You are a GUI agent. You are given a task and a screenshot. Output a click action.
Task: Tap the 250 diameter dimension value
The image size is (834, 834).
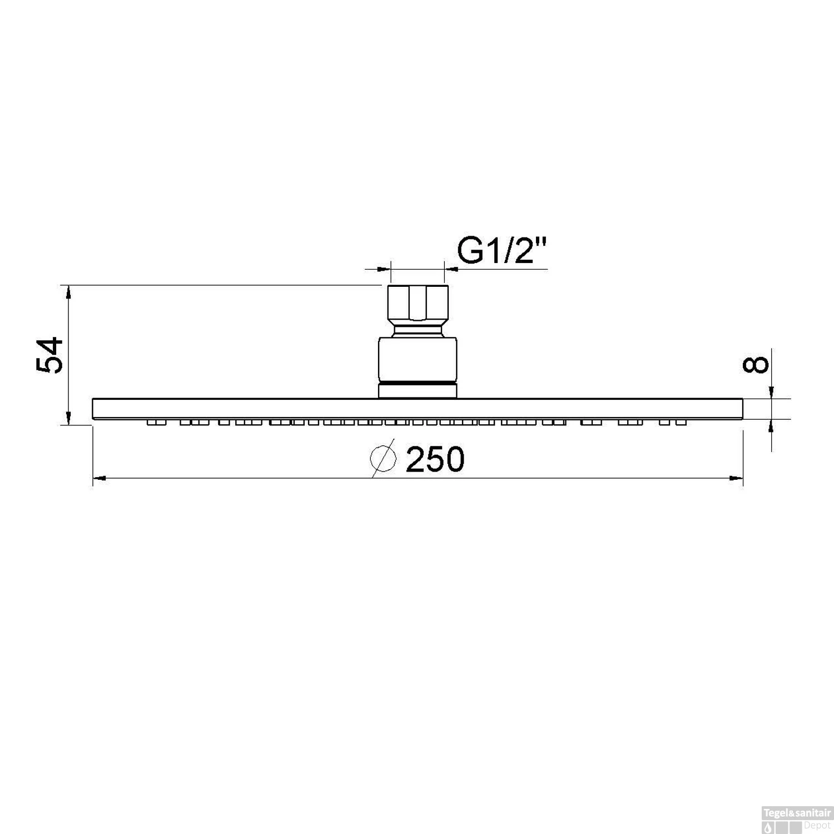click(x=434, y=460)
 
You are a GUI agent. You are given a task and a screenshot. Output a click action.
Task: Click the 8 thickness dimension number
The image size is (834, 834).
click(x=757, y=364)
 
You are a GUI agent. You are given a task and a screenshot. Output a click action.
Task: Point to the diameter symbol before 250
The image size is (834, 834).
click(x=383, y=458)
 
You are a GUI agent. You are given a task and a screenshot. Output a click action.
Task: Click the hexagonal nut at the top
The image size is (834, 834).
click(x=417, y=303)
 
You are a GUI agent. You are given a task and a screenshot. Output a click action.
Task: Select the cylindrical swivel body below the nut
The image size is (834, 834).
click(x=417, y=359)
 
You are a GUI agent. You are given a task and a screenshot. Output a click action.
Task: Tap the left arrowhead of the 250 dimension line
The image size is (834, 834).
click(x=99, y=478)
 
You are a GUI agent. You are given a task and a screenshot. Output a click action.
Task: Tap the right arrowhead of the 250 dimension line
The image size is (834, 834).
click(x=736, y=478)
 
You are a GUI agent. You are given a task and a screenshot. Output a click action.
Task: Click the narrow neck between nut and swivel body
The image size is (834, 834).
click(x=417, y=331)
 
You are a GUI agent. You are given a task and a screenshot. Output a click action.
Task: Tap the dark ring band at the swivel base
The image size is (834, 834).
click(x=417, y=384)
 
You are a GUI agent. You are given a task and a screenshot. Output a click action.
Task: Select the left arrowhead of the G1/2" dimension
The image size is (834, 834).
click(x=384, y=269)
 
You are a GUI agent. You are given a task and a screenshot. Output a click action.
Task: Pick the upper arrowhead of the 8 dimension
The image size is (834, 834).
click(x=772, y=393)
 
